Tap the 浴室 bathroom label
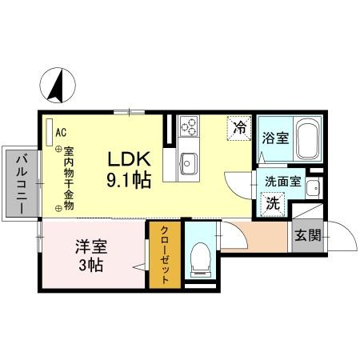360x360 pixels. (x=274, y=137)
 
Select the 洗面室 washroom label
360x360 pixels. (x=282, y=182)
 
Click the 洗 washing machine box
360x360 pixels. (x=273, y=202)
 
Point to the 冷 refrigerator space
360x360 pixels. (x=238, y=126)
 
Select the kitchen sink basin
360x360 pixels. (x=189, y=163)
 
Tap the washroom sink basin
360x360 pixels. (x=313, y=189)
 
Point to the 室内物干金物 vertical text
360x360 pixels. (x=70, y=178)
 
